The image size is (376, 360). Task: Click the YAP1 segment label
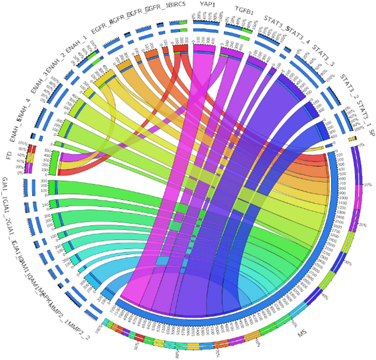[208, 5]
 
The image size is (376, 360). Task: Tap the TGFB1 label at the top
[244, 11]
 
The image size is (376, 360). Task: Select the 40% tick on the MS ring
[326, 298]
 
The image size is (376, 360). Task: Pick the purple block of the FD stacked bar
[30, 168]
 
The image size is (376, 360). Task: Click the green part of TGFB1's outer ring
[244, 37]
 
